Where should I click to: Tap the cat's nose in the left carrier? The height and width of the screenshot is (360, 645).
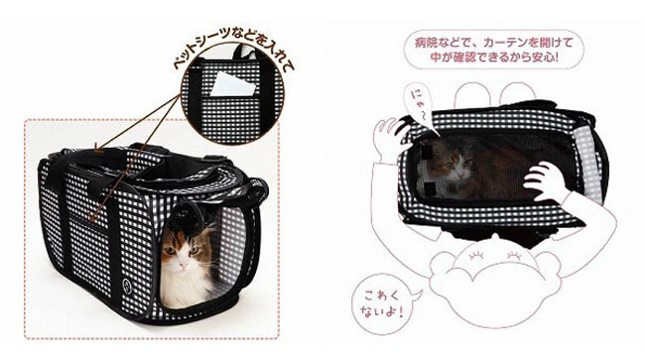click(x=183, y=261)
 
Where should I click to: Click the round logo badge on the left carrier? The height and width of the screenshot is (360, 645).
click(x=126, y=284)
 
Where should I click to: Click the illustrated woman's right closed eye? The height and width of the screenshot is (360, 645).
click(x=514, y=256)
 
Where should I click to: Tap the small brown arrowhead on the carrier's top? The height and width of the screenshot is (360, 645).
click(x=98, y=150)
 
